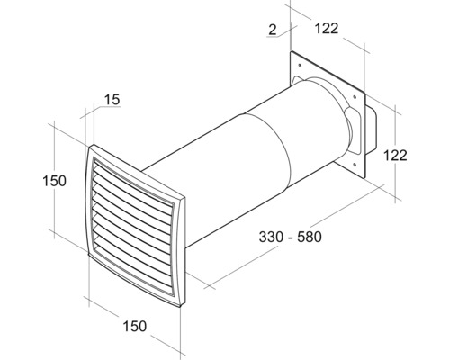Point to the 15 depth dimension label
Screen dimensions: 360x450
(111, 100)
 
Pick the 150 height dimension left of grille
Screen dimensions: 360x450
(54, 181)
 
